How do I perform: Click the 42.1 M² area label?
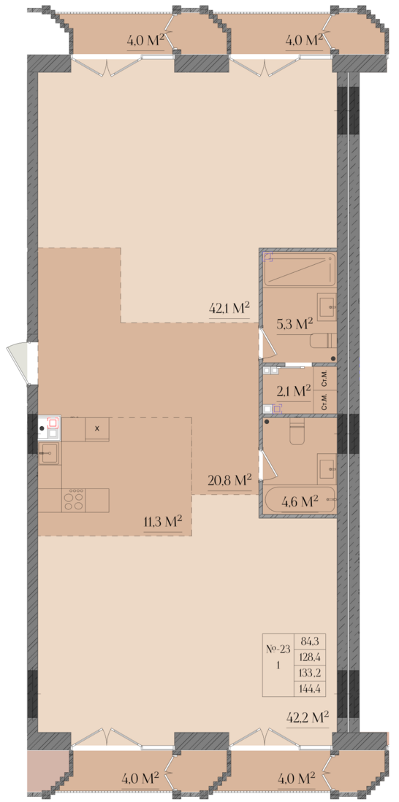coord(229,309)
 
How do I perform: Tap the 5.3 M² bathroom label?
coord(294,324)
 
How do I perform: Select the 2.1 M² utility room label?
coord(293,392)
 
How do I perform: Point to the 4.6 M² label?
coord(300,501)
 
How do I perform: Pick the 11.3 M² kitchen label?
coord(164,523)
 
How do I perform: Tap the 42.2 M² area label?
coord(308,717)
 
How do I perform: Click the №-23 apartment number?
coord(278,649)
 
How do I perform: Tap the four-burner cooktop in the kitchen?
coord(73,500)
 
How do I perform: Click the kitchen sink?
coord(49,453)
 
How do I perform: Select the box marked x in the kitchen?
coord(96,428)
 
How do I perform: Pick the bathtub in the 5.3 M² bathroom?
coord(299,269)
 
